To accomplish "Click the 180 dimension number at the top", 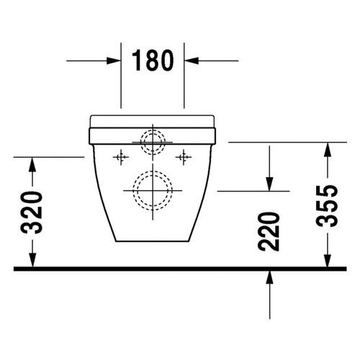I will [x=152, y=60].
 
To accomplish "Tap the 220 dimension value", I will [x=269, y=230].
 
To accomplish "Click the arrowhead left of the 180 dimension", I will [x=114, y=61].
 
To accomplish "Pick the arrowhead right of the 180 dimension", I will [x=190, y=61].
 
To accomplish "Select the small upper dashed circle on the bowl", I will [x=152, y=141].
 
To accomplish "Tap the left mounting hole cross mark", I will [x=121, y=156].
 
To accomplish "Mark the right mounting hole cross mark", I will [x=184, y=156].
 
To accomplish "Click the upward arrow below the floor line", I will [x=269, y=277].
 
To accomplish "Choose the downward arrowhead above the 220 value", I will [x=269, y=185].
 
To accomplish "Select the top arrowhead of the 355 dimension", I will [x=328, y=148].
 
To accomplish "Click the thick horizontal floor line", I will [x=180, y=268].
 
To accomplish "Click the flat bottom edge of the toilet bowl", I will [x=152, y=242].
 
